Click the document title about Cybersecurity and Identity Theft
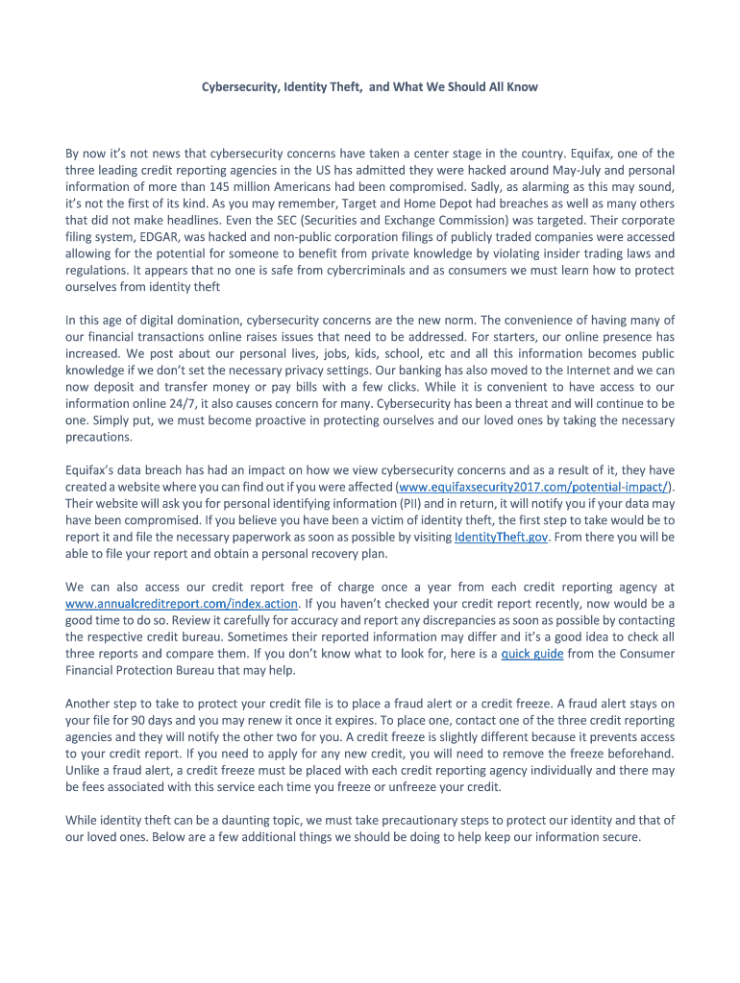(369, 86)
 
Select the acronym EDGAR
(155, 237)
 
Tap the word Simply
(108, 420)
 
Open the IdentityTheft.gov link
(501, 538)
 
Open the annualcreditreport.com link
(182, 604)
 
